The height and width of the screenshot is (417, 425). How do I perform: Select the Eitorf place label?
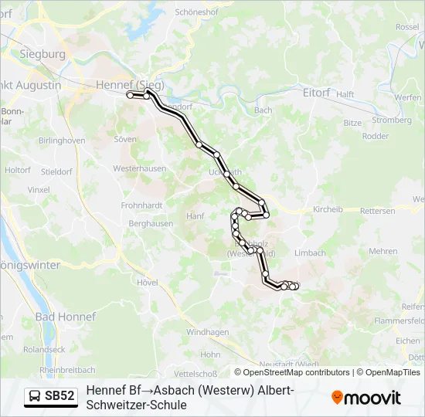pyautogui.click(x=316, y=93)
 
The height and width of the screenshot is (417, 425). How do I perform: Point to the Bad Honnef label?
pyautogui.click(x=66, y=317)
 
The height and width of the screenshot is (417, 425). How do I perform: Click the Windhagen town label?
pyautogui.click(x=208, y=332)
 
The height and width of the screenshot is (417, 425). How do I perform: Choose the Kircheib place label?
pyautogui.click(x=332, y=210)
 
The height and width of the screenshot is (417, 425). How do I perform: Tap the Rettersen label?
pyautogui.click(x=378, y=211)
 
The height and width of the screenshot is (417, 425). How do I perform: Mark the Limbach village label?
pyautogui.click(x=310, y=253)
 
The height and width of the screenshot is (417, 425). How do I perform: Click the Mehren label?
pyautogui.click(x=382, y=251)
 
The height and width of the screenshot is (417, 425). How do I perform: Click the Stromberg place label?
pyautogui.click(x=392, y=120)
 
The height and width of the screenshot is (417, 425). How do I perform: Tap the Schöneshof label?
pyautogui.click(x=198, y=12)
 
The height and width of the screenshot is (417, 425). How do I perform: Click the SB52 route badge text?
pyautogui.click(x=59, y=397)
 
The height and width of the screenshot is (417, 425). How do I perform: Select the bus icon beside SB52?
pyautogui.click(x=36, y=397)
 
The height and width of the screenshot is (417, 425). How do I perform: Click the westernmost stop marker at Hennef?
pyautogui.click(x=130, y=94)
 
